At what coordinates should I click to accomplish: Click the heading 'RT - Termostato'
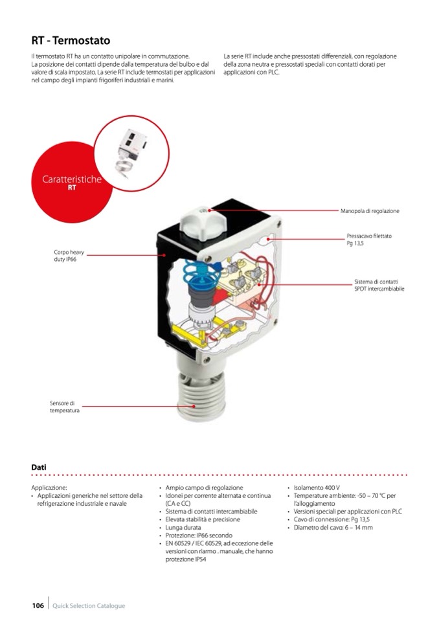[x=71, y=40]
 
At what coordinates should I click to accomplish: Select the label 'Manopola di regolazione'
[x=370, y=211]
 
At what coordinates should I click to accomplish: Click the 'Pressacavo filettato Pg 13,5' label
[x=369, y=240]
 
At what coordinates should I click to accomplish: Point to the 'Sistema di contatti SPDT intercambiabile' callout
[x=379, y=285]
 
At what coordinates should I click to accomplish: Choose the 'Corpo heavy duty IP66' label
[x=69, y=255]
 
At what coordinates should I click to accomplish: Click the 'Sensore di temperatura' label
[x=65, y=407]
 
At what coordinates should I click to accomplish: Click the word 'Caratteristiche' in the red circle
[x=72, y=179]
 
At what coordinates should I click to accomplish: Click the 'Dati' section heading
[x=39, y=468]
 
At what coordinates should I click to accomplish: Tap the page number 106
[x=38, y=605]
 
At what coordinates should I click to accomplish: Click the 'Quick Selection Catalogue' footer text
[x=89, y=605]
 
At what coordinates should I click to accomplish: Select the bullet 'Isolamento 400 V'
[x=316, y=488]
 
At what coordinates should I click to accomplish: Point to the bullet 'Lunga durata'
[x=183, y=528]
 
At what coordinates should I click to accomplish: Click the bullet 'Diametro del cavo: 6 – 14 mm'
[x=333, y=528]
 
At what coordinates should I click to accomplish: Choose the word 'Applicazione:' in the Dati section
[x=49, y=488]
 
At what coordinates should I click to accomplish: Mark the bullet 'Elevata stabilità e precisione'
[x=203, y=519]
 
